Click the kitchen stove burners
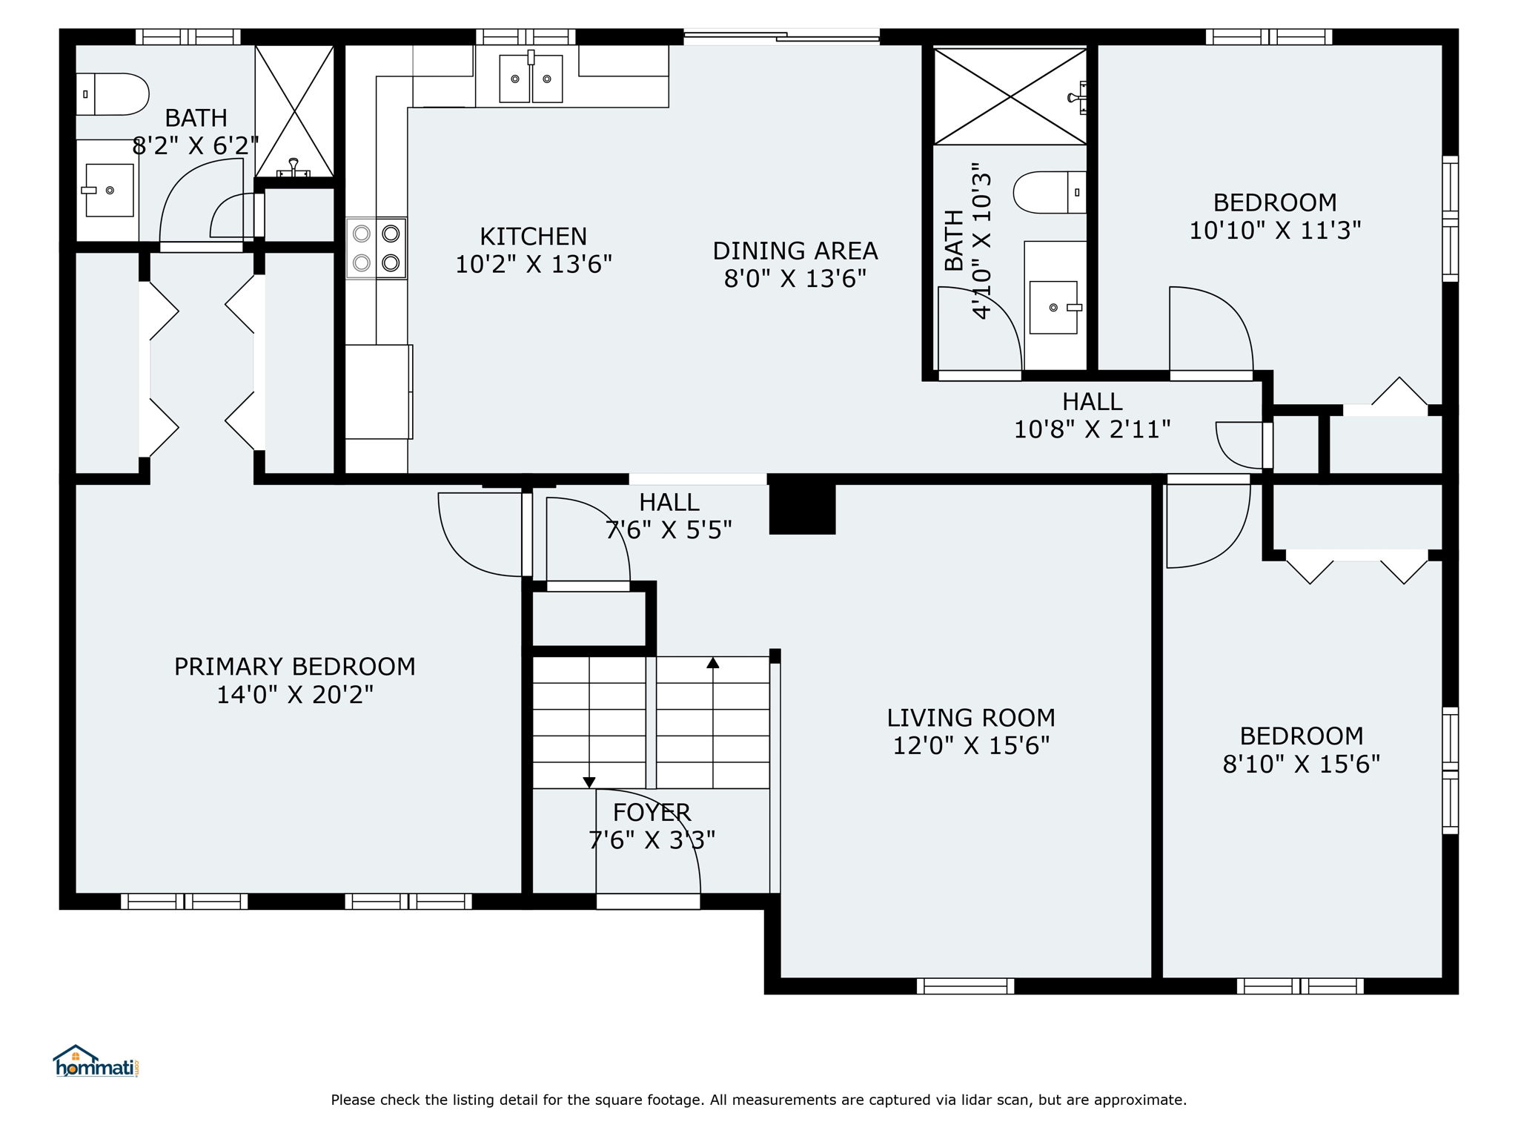point(376,248)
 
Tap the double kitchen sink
point(531,78)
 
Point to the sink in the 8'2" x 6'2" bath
point(109,190)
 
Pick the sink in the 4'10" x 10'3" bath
point(1053,307)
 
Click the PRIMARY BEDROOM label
point(295,667)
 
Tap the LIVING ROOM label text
point(971,718)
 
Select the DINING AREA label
point(795,251)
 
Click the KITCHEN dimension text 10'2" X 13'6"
point(534,264)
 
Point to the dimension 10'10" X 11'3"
point(1276,231)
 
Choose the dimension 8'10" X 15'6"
point(1302,764)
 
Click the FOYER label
point(652,813)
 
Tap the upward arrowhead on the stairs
point(713,663)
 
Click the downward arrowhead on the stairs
point(589,782)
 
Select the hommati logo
point(96,1061)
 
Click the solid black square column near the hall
point(802,509)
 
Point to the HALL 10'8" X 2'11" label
point(1093,415)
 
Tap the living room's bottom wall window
point(965,986)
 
